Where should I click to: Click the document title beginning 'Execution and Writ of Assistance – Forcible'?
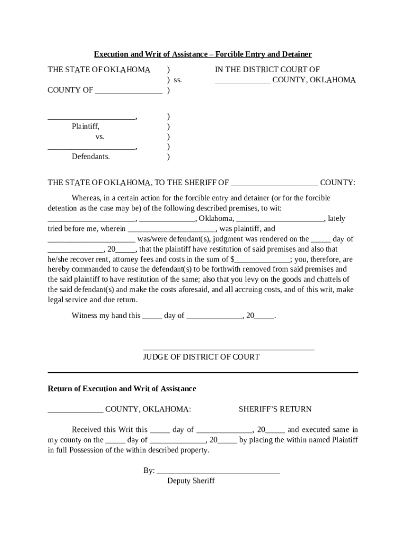pos(203,54)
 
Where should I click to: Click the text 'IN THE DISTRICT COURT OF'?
pos(267,70)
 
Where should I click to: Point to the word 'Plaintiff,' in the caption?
pos(85,127)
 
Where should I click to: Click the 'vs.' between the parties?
pos(100,137)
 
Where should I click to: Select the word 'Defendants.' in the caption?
pos(91,157)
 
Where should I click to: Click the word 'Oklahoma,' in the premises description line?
pos(216,219)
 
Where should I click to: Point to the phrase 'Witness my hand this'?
pos(106,316)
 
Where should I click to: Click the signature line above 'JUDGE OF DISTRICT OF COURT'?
pos(228,349)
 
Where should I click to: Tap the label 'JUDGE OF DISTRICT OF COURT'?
pos(201,357)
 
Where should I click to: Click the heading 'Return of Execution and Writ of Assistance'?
pos(122,389)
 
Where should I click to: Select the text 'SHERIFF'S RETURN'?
pos(275,409)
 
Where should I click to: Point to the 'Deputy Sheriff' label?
pos(191,481)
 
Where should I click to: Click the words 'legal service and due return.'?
pos(93,300)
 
